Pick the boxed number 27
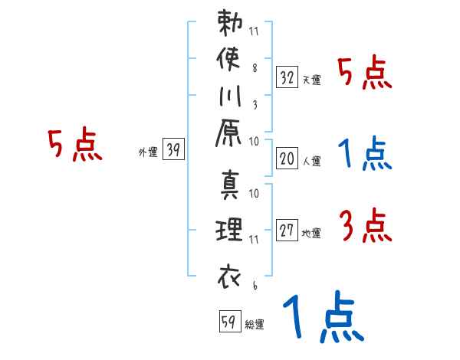287,231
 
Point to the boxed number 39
173,150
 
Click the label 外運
148,152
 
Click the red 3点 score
364,226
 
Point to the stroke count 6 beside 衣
255,286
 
